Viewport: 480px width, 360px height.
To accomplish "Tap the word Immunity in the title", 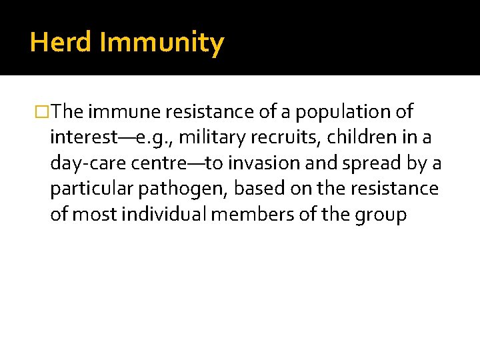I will coord(162,43).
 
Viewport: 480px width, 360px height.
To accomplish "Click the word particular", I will coord(92,189).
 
